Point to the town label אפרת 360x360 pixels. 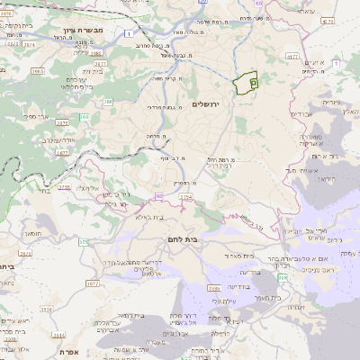click(x=64, y=353)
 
